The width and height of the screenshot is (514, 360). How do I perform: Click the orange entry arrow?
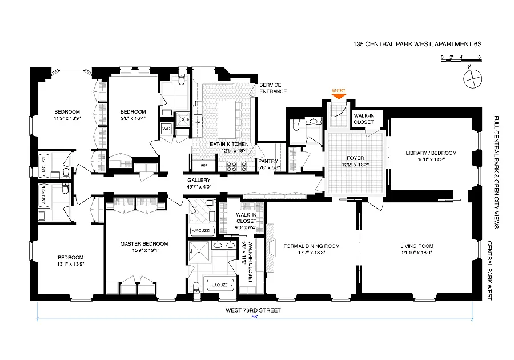[339, 97]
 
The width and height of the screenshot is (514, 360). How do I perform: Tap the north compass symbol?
[473, 78]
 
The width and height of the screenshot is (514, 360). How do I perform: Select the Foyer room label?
[355, 158]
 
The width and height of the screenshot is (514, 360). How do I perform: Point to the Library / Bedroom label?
[431, 153]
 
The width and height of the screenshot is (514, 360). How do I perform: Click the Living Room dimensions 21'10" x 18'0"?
[417, 253]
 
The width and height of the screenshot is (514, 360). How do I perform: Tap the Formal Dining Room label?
[311, 246]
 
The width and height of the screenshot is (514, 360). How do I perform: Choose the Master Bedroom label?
[144, 243]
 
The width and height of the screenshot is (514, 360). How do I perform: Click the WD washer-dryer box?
[166, 129]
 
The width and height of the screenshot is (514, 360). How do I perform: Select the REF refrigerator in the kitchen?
[203, 165]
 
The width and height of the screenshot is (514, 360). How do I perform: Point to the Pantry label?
[268, 161]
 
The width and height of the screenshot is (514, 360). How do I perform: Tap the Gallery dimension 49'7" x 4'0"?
[199, 186]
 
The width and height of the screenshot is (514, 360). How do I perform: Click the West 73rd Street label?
[253, 310]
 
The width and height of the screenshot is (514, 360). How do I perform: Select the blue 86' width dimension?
[254, 317]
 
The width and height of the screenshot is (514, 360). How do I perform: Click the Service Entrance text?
[273, 88]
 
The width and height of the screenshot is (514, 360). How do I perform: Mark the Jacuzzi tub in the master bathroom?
[220, 285]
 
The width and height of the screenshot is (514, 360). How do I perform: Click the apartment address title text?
[417, 44]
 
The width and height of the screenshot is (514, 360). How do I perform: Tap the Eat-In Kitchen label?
[229, 144]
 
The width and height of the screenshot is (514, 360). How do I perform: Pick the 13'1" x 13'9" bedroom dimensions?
[70, 263]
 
